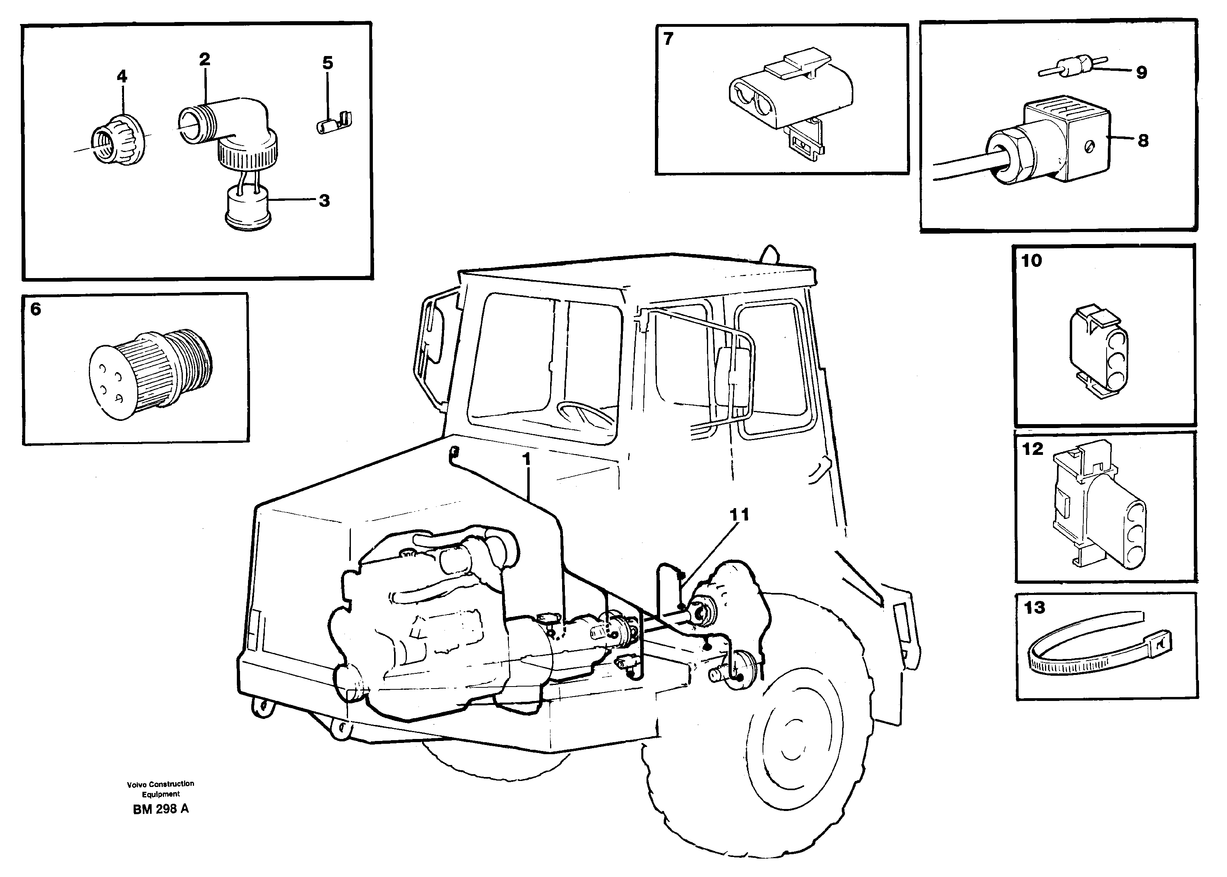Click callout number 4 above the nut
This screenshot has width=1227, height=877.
coord(122,77)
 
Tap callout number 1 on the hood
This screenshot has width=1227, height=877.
coord(526,460)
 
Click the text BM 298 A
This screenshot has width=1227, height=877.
coord(160,809)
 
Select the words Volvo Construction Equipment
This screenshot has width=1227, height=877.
coord(160,789)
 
